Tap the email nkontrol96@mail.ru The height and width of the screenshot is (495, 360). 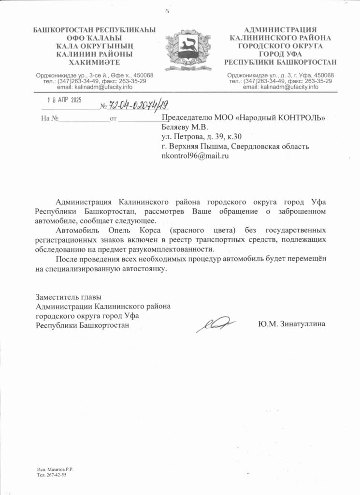tap(195, 156)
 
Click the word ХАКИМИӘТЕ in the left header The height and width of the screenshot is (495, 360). tap(94, 62)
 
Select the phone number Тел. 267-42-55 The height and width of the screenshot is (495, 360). tap(52, 475)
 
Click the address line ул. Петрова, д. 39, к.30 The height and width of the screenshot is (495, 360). tap(202, 137)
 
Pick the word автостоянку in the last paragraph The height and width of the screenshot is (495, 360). tap(140, 269)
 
